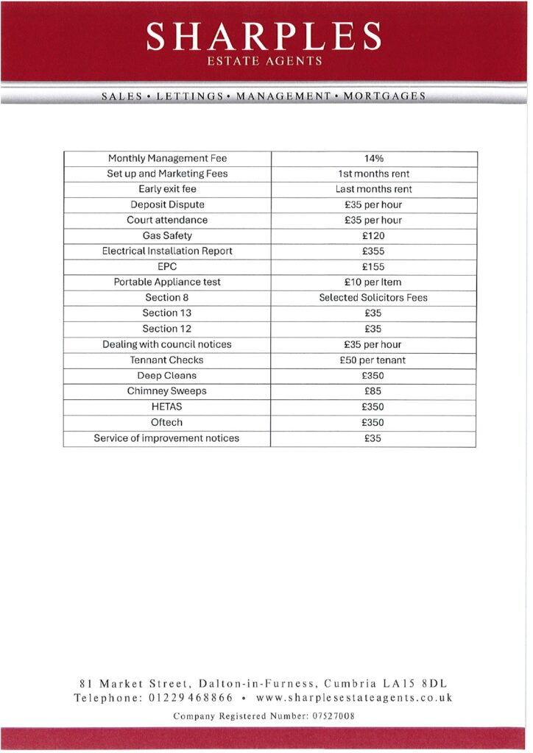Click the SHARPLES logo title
tap(264, 35)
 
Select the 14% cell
tap(373, 158)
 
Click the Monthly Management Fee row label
tap(167, 158)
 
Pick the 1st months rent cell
tap(373, 174)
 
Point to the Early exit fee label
tap(167, 189)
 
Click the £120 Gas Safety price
tap(373, 235)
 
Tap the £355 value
tap(373, 251)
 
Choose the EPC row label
tap(167, 266)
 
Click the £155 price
tap(373, 266)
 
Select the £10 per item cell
tap(373, 282)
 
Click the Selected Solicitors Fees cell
tap(373, 298)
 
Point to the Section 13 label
tap(167, 313)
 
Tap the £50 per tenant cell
tap(373, 360)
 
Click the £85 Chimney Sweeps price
tap(373, 391)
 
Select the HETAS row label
tap(167, 407)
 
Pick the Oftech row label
tap(167, 423)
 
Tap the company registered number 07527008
tap(329, 715)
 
